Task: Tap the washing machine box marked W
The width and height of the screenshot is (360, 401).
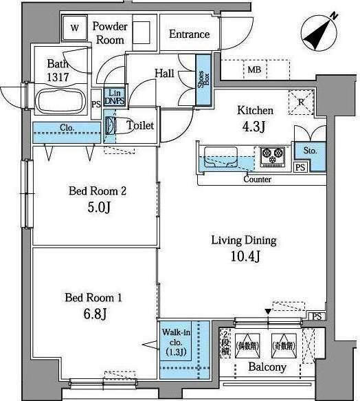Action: (x=75, y=29)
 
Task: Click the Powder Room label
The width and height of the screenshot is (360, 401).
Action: (x=110, y=33)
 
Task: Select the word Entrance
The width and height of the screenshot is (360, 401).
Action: (x=189, y=34)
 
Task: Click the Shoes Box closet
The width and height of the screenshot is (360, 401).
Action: (x=203, y=86)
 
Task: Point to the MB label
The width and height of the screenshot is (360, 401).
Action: (x=254, y=69)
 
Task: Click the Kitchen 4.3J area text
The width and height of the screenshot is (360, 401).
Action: (x=255, y=118)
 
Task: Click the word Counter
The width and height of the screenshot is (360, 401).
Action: (x=257, y=180)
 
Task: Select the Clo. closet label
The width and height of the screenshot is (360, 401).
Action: (x=67, y=127)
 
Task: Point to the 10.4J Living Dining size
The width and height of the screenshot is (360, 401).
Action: (x=243, y=257)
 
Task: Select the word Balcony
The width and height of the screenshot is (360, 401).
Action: (x=267, y=368)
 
